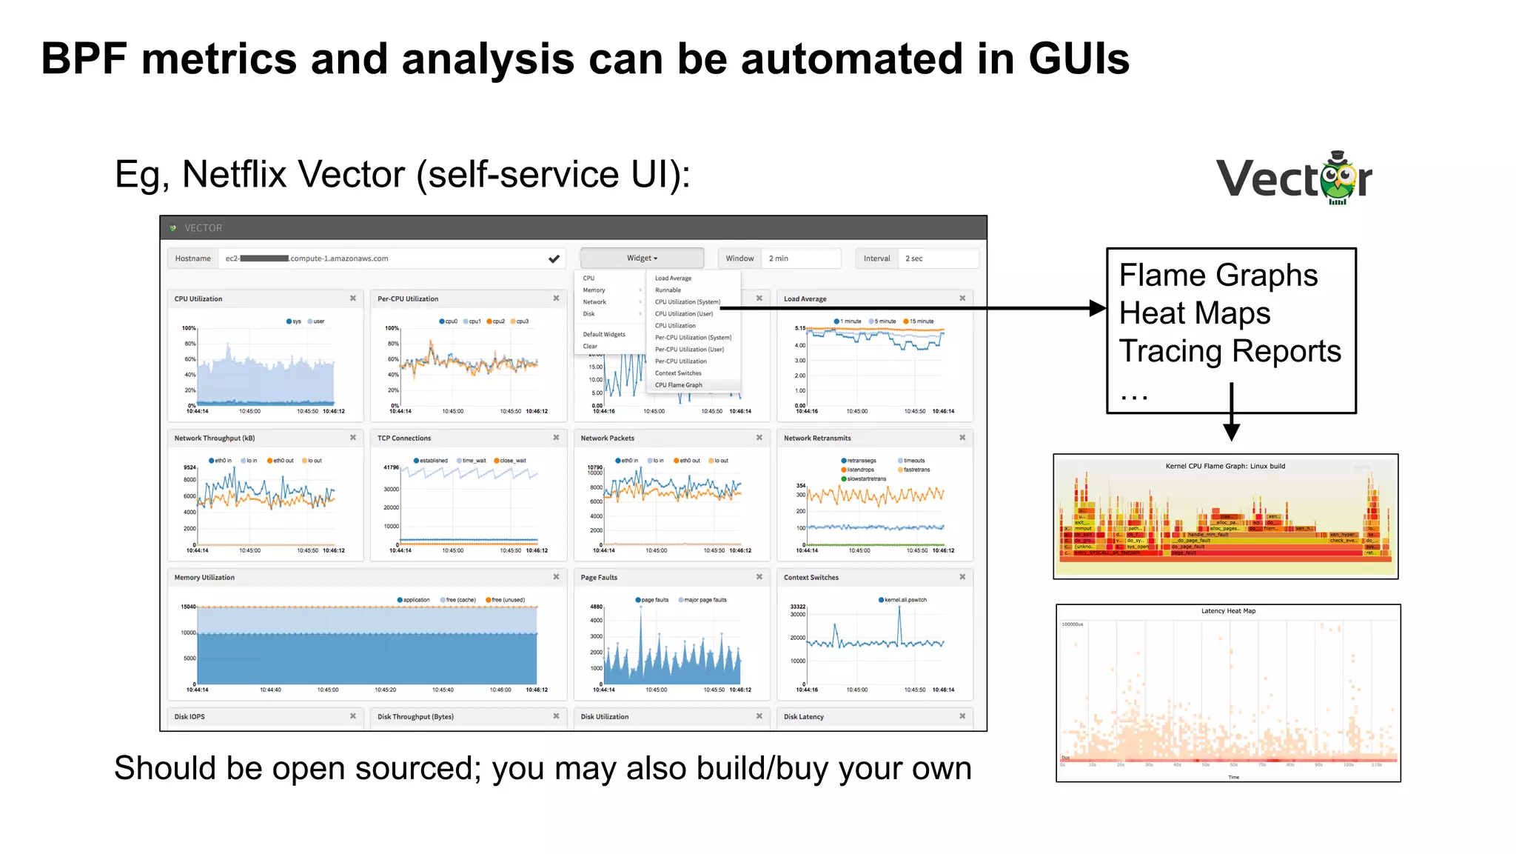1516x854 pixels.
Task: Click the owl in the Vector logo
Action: click(x=1338, y=179)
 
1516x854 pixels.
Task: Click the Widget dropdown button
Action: click(x=642, y=258)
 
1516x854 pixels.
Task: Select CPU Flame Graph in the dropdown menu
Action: click(x=679, y=385)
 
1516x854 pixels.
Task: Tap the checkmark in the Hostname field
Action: click(x=554, y=258)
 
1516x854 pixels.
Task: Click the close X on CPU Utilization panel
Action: click(x=353, y=298)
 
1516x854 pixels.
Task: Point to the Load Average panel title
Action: click(x=805, y=299)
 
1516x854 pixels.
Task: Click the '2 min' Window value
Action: click(x=779, y=258)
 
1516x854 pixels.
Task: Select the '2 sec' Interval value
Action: click(x=914, y=258)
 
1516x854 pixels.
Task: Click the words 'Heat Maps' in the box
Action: click(x=1194, y=313)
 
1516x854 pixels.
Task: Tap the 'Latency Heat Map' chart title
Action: click(x=1228, y=611)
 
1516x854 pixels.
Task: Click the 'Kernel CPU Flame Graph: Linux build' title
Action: click(x=1225, y=467)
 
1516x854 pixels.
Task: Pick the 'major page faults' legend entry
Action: click(x=702, y=600)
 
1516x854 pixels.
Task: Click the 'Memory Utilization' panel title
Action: click(x=204, y=578)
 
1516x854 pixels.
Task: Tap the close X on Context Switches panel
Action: click(x=962, y=577)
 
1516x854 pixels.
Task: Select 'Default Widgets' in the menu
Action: click(x=604, y=335)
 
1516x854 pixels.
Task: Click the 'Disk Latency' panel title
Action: click(x=803, y=717)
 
